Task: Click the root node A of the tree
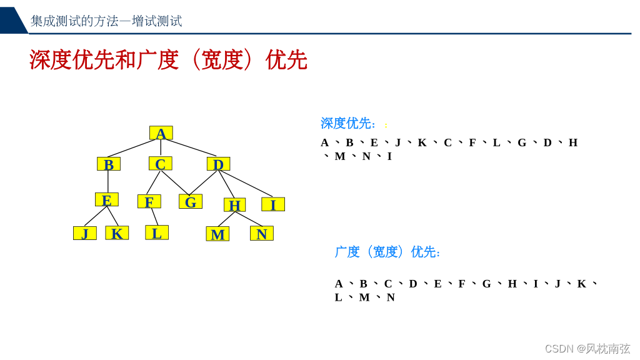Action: [161, 133]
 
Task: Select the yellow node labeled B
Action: [108, 164]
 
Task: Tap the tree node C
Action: [160, 164]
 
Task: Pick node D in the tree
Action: [218, 164]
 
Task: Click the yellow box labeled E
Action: [106, 199]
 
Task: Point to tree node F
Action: [149, 201]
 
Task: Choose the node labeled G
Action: [190, 201]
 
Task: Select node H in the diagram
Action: [234, 205]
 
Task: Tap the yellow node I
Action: [272, 204]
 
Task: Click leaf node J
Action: [84, 233]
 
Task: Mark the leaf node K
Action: [117, 233]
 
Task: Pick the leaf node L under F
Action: [156, 232]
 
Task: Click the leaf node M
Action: [217, 234]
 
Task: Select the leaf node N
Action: [261, 233]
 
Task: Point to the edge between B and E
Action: [108, 182]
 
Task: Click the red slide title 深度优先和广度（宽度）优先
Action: [168, 60]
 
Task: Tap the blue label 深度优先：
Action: [348, 123]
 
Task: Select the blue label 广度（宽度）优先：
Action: [388, 252]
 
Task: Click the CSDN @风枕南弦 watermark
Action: [587, 349]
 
